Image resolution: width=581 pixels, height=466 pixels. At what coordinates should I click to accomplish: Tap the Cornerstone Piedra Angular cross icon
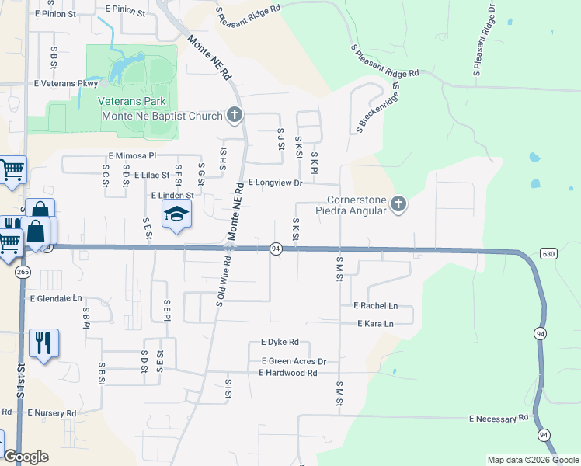(398, 203)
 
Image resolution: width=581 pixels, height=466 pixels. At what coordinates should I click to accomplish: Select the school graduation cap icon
(176, 214)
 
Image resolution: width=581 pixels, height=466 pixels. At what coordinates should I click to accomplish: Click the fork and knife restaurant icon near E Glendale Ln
(43, 343)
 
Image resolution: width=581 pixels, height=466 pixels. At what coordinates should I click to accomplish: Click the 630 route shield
(549, 254)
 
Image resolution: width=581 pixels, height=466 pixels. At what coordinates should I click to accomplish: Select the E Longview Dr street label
(274, 183)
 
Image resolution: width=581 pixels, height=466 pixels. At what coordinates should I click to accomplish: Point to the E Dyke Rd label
(280, 342)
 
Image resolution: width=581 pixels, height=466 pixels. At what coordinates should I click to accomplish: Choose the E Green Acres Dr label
(294, 361)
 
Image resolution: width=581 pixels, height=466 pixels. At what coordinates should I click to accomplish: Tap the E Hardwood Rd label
(288, 373)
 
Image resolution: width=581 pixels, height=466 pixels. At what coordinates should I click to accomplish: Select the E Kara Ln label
(375, 323)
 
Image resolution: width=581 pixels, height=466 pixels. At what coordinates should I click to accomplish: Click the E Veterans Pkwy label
(66, 83)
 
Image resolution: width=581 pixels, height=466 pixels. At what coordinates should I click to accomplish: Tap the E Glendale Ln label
(55, 298)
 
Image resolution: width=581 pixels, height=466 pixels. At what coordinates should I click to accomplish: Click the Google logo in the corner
(26, 456)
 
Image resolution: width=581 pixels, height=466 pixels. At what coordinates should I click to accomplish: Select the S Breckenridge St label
(377, 108)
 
